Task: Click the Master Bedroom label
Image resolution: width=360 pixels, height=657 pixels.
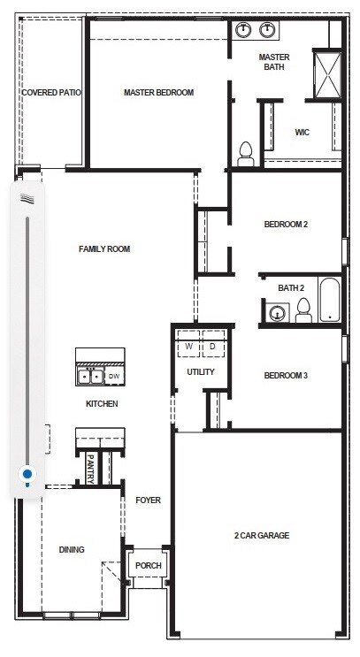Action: [x=159, y=93]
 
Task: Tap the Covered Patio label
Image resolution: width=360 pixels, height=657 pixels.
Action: [x=51, y=93]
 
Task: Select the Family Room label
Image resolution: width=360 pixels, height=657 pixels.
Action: [x=104, y=248]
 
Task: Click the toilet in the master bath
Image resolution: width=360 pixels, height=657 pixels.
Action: [x=246, y=154]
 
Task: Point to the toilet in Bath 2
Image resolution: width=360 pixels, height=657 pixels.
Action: [x=303, y=310]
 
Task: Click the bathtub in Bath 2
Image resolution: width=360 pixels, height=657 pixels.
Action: [x=329, y=300]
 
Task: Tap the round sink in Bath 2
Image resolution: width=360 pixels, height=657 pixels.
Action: [x=277, y=312]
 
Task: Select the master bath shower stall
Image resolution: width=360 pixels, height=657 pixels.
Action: [x=327, y=74]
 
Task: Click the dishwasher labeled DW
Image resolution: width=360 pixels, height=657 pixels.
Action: [x=114, y=377]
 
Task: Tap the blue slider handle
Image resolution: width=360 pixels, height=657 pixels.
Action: [x=27, y=474]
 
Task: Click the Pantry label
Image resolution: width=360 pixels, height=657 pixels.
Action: [x=90, y=470]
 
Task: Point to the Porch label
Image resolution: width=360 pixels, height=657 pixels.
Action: [x=149, y=565]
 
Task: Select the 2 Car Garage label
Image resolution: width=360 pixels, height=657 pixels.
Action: [x=262, y=536]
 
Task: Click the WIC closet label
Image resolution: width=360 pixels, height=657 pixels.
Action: [x=303, y=133]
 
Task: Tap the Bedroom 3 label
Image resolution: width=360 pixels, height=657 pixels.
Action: [x=286, y=376]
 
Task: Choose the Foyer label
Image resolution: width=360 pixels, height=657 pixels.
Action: [x=148, y=500]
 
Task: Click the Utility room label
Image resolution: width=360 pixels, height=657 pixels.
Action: [x=201, y=372]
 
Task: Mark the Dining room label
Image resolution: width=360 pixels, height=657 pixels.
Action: [x=72, y=550]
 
